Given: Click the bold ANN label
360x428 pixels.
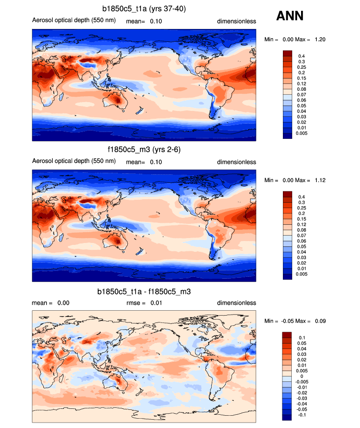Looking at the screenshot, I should (290, 16).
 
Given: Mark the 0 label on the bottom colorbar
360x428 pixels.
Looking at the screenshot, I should (300, 376).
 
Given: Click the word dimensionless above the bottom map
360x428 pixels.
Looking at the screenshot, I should (237, 303).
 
